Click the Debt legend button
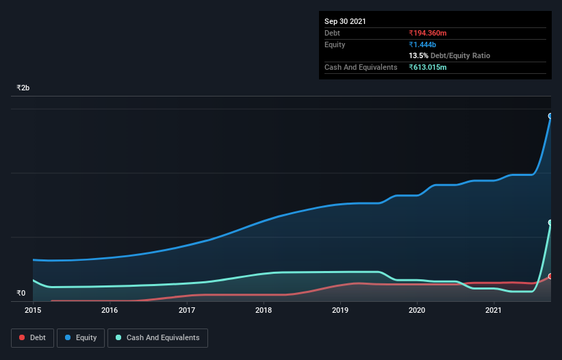(32, 337)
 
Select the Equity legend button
(80, 337)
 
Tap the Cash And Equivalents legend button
(157, 337)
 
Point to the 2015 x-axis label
(33, 310)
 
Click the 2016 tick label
(110, 310)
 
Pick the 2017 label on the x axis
(187, 310)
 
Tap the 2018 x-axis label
(264, 310)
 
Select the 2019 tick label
(340, 310)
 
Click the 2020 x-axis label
(417, 310)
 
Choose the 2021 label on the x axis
(494, 310)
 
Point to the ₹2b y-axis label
(23, 88)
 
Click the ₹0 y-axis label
(21, 294)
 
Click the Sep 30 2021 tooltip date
(345, 21)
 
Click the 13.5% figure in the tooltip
(418, 55)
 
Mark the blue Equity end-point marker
(550, 116)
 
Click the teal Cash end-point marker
(550, 223)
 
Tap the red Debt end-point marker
(550, 277)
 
